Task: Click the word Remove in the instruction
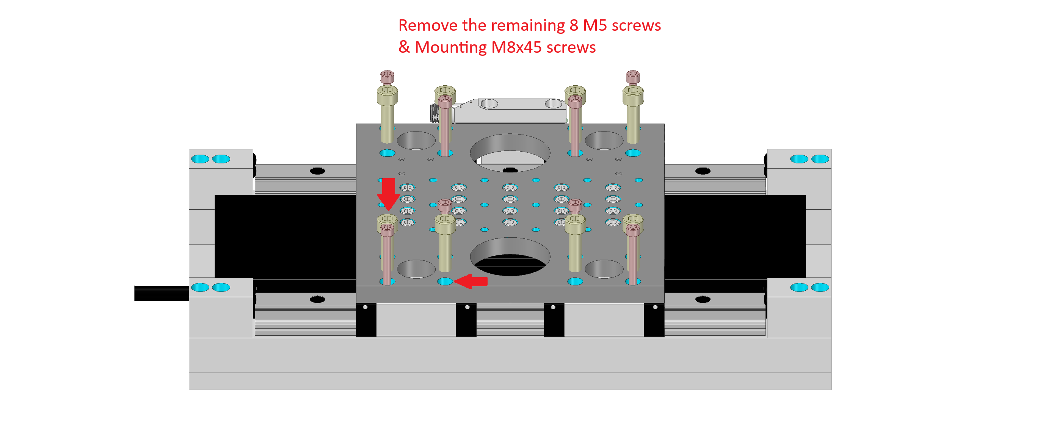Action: (x=428, y=25)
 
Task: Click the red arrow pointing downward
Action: (x=388, y=194)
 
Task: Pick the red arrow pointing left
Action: (x=471, y=281)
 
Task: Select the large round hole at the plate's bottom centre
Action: (x=510, y=257)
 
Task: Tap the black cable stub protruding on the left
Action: (x=162, y=293)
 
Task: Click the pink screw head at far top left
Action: (x=387, y=76)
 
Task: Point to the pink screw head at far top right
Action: (x=633, y=76)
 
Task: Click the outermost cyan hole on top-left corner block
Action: (x=200, y=159)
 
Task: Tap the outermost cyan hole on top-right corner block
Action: (x=820, y=159)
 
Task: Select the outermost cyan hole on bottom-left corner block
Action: (x=200, y=287)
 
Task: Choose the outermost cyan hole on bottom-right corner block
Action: (x=820, y=287)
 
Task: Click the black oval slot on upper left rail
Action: (x=317, y=171)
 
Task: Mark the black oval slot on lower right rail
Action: (x=703, y=299)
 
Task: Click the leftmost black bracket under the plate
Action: (x=366, y=320)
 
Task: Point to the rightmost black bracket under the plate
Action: (x=654, y=320)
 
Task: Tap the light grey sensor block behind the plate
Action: (x=510, y=110)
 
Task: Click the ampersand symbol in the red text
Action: (x=404, y=47)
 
